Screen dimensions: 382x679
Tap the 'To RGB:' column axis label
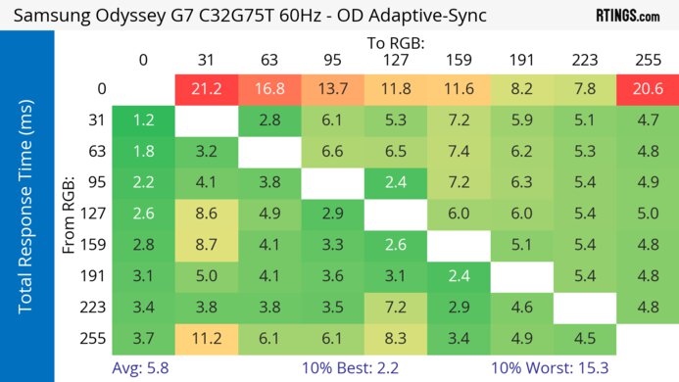395,42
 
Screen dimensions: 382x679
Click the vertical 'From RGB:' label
71,214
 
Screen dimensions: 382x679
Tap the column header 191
520,60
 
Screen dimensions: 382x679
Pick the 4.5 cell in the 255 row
584,339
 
